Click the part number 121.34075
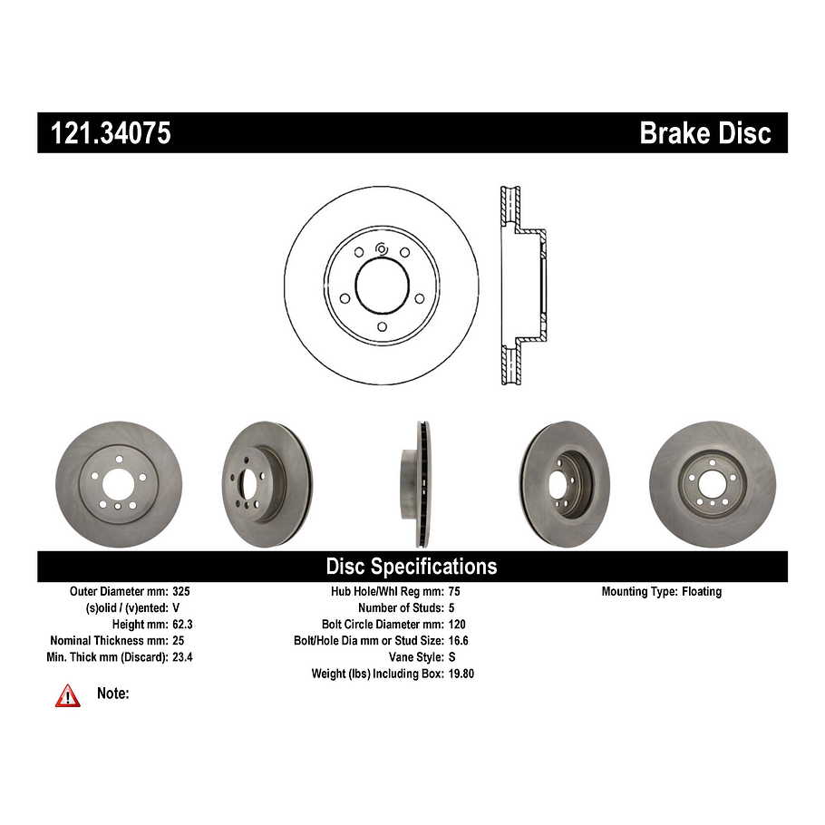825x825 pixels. coord(104,133)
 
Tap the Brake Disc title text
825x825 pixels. coord(704,133)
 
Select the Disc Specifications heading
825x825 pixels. coord(412,567)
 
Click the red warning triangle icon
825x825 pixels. coord(68,695)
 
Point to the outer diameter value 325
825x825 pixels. coord(181,591)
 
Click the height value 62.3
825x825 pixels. coord(184,624)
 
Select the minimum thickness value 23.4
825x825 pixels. coord(184,656)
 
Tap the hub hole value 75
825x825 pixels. coord(454,591)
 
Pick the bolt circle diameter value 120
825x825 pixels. coord(457,624)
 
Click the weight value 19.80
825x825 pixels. coord(461,674)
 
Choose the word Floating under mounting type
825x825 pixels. coord(702,591)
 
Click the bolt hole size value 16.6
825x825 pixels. coord(458,640)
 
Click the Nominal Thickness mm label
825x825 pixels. coord(109,640)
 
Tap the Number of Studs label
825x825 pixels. coord(400,607)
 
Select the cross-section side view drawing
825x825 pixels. coord(524,286)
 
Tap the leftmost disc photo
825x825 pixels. coord(119,484)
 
